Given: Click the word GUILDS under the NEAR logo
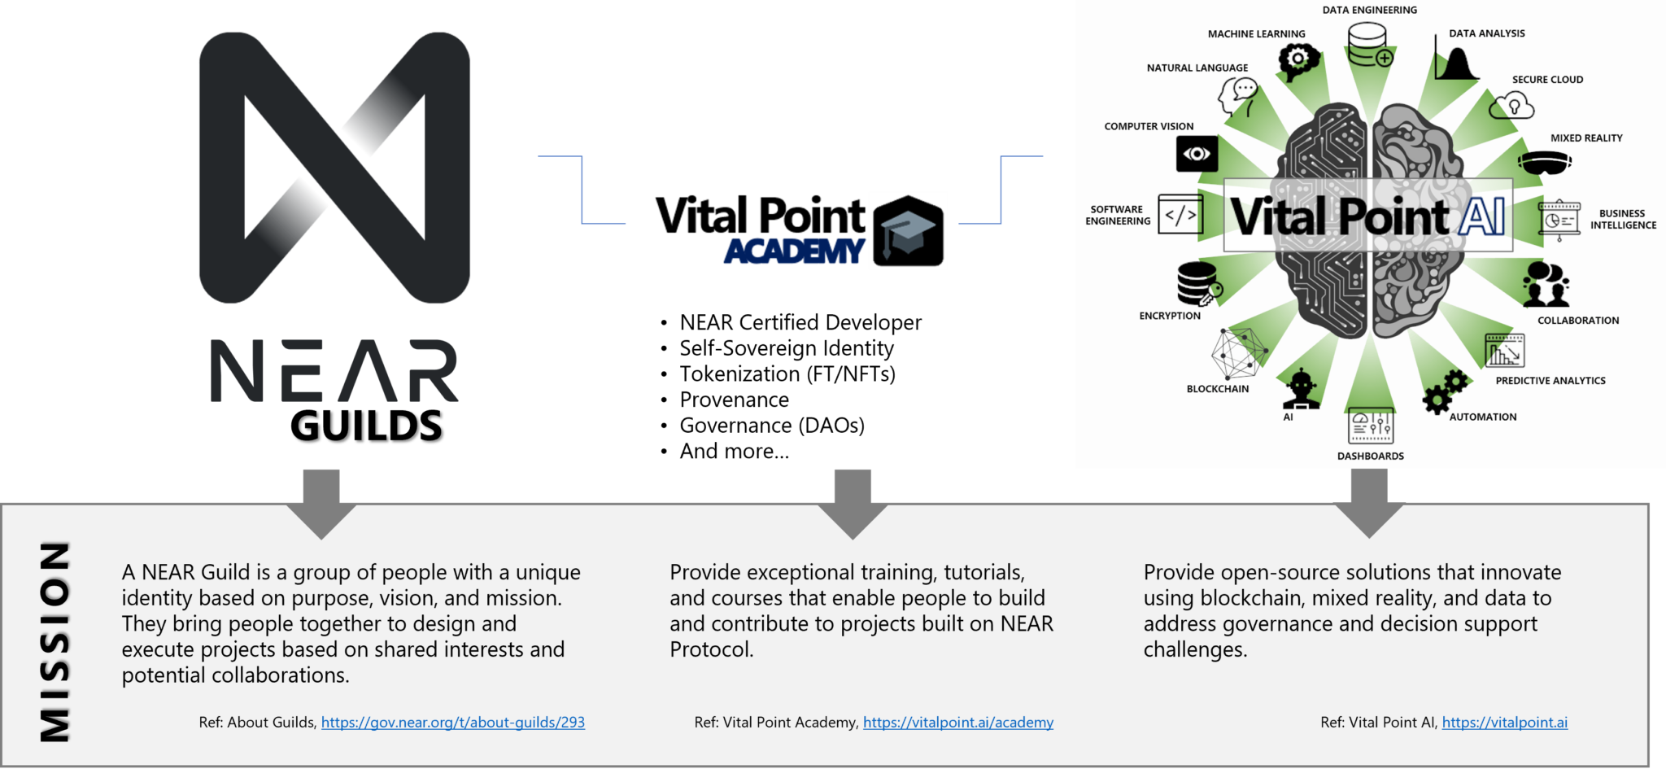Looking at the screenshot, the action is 366,426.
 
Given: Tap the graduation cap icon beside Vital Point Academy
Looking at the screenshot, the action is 909,231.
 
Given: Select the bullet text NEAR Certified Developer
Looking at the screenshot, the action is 800,323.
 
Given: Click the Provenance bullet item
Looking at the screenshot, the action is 734,400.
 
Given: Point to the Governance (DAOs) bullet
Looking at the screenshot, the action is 772,426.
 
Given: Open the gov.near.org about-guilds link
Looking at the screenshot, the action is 453,723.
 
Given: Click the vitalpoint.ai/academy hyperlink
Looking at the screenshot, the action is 958,723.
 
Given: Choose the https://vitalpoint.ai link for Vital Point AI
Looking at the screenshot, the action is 1505,723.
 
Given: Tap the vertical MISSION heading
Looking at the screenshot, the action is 55,642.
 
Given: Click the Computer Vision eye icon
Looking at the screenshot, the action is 1197,154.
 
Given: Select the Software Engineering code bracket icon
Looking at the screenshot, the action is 1180,215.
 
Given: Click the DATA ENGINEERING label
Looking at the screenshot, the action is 1369,11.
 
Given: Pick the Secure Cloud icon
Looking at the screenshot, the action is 1511,106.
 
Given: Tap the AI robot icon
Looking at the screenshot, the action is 1301,389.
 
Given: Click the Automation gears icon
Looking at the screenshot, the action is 1445,392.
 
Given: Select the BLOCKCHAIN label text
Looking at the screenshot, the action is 1218,389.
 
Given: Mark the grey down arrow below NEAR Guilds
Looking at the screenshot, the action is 321,505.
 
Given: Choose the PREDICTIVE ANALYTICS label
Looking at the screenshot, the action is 1550,381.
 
